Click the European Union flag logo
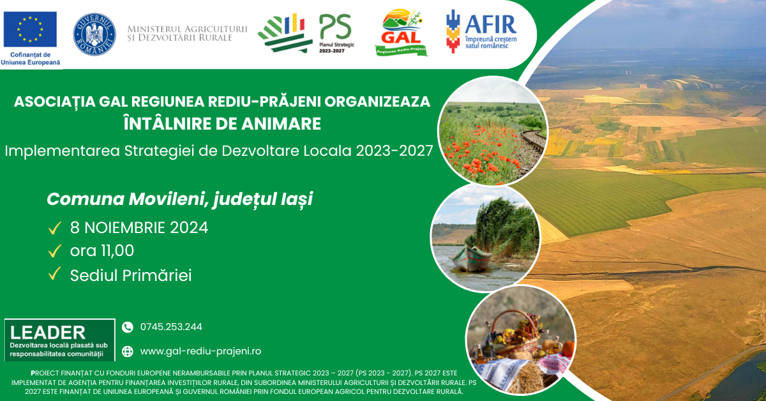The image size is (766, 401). pos(30,29)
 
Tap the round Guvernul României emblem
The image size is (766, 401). pos(94,33)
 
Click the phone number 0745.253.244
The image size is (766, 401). pos(171,327)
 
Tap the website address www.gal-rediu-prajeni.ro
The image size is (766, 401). pos(200,351)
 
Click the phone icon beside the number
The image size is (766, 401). pos(128,327)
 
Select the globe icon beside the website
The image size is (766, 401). pos(128,351)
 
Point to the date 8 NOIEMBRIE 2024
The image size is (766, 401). pos(139,227)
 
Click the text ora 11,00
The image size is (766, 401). pos(102,251)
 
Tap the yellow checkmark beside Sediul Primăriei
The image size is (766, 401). pos(55,275)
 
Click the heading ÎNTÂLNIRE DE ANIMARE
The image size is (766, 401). pos(222,123)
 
